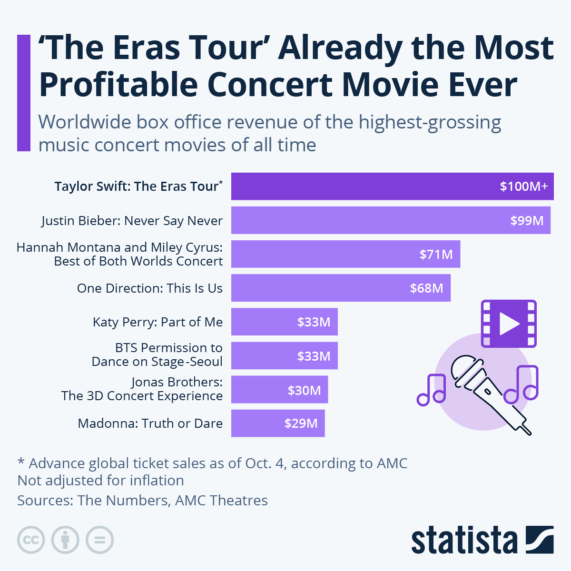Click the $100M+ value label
[523, 186]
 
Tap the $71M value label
[436, 255]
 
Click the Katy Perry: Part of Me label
[158, 322]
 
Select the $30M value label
[304, 391]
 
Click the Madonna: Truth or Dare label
[150, 423]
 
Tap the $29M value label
[301, 423]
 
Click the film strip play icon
[508, 324]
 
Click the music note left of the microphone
[432, 390]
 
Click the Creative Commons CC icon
[31, 540]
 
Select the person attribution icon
[65, 540]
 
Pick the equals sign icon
[99, 540]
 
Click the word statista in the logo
[464, 541]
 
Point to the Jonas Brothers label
[142, 389]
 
